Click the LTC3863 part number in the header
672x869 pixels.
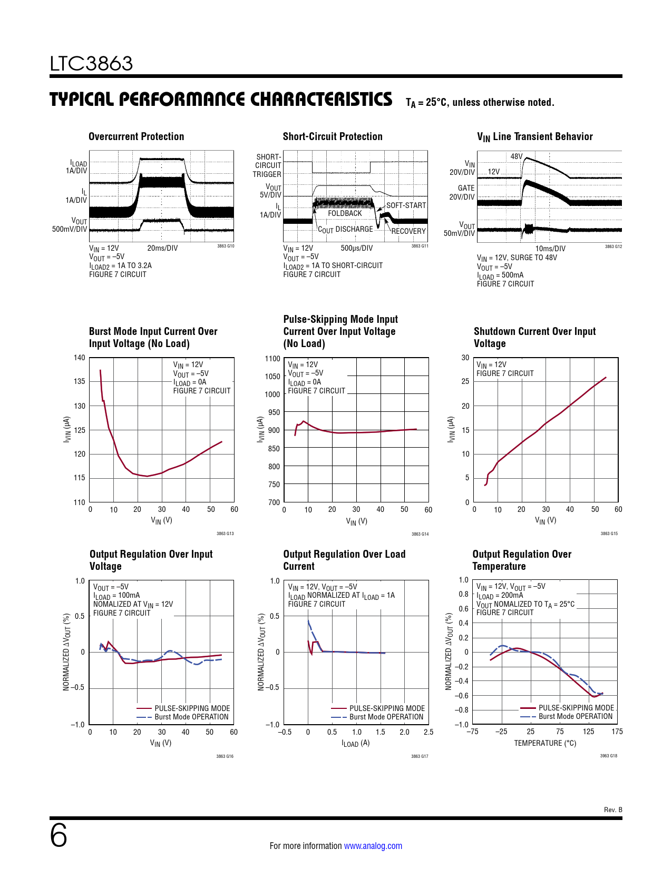pos(91,64)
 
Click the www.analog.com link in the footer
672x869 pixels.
pos(373,846)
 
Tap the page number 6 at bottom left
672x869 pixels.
pos(59,836)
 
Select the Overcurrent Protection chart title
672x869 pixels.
pos(136,136)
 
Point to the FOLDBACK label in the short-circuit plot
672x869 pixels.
pos(345,213)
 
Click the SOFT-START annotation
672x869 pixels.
pos(406,205)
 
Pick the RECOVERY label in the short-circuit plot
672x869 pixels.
pos(408,231)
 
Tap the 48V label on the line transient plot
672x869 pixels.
pos(516,156)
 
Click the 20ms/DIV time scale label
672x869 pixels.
pos(162,248)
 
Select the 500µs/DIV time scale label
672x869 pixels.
pos(356,248)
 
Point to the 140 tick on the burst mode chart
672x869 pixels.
pos(79,358)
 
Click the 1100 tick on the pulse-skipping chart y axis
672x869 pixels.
pos(272,359)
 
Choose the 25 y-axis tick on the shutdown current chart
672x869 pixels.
pos(465,381)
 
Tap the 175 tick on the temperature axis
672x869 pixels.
pos(617,732)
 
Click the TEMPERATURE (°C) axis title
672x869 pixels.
pos(545,743)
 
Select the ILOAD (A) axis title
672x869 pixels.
pos(356,743)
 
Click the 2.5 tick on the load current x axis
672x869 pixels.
pos(428,732)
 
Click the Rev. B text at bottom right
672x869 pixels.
pos(612,810)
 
